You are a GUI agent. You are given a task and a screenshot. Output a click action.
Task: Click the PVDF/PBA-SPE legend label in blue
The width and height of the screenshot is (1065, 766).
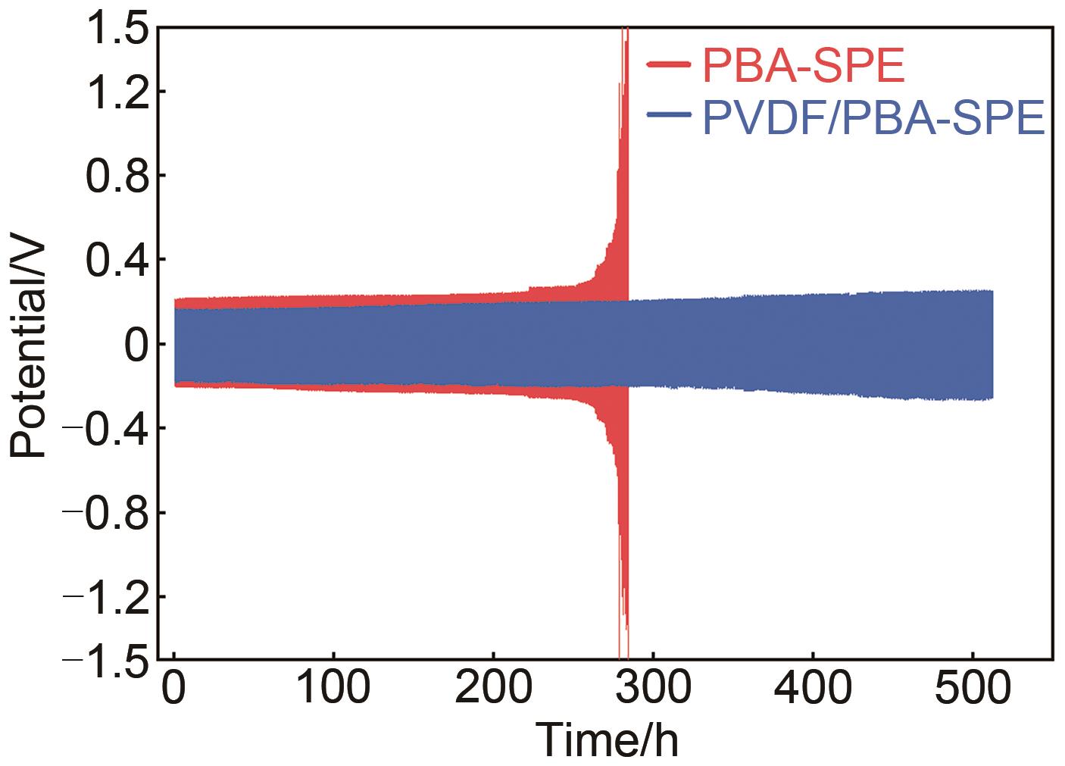pyautogui.click(x=873, y=117)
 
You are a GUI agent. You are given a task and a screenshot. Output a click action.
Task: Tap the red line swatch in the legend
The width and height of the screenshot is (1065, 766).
pyautogui.click(x=668, y=65)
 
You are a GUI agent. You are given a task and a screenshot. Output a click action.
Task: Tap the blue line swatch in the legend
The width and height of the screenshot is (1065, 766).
pyautogui.click(x=668, y=115)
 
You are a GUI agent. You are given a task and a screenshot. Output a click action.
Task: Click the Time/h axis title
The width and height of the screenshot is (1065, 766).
pyautogui.click(x=607, y=740)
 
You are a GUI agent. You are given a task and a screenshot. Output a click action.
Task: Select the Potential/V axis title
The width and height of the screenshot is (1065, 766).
pyautogui.click(x=30, y=349)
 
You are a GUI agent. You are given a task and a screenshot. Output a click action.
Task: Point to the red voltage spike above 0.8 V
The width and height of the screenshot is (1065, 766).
pyautogui.click(x=624, y=114)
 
